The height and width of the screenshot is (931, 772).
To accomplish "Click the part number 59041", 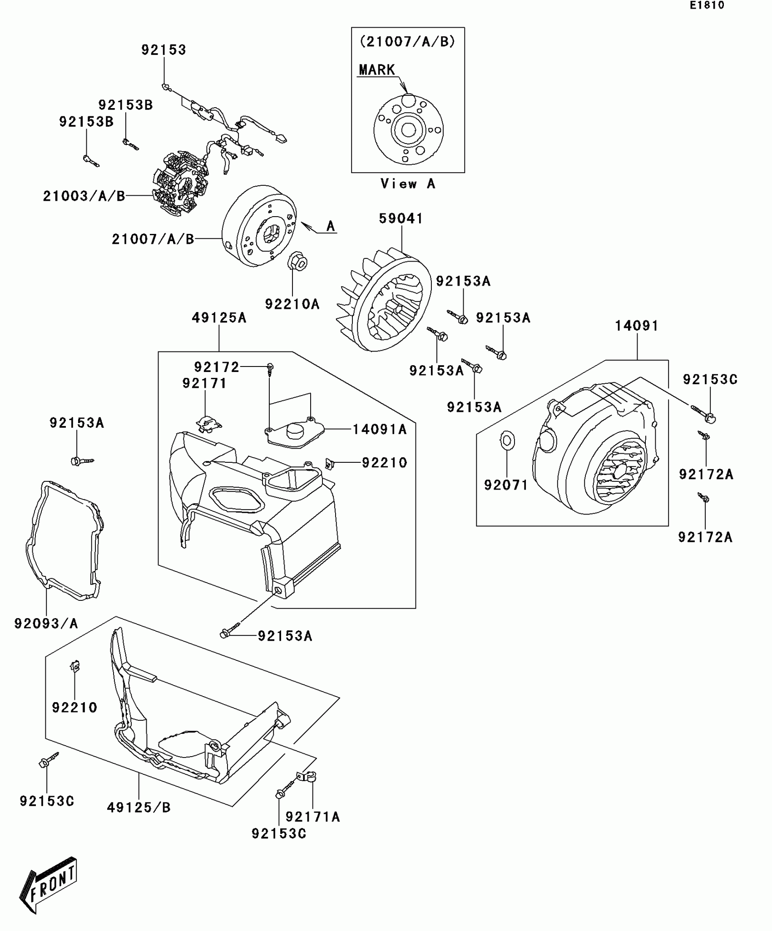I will (x=401, y=218).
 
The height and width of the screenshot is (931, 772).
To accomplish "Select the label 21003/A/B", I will (x=84, y=196).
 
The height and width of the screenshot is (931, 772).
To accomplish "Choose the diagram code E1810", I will (x=707, y=5).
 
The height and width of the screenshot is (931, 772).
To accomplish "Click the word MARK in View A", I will (x=376, y=70).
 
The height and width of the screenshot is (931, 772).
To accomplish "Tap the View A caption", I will (x=407, y=184).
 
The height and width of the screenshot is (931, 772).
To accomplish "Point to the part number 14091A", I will (x=380, y=429).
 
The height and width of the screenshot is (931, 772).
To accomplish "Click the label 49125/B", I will (x=139, y=807).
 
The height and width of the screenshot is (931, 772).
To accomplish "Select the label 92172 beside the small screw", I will (x=217, y=367).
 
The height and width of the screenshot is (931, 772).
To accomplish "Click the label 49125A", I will (x=219, y=318).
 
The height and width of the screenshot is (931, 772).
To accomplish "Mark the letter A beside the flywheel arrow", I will (x=331, y=226).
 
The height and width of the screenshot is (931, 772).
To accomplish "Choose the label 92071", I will (x=506, y=485).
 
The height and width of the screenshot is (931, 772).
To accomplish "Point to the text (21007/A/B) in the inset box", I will (x=407, y=42).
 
